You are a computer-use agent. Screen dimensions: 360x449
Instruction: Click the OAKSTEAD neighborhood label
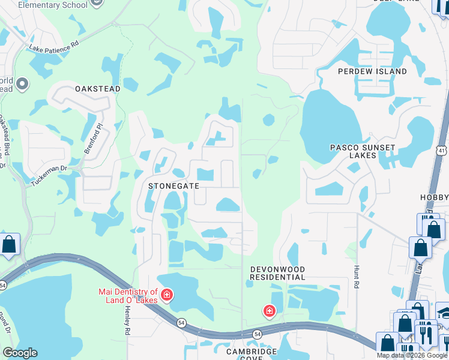tap(98, 89)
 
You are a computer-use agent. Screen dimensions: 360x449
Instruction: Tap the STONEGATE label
tap(174, 187)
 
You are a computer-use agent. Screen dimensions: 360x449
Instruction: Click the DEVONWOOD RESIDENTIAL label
tap(278, 274)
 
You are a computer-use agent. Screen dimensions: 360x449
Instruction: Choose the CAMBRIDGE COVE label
tap(252, 355)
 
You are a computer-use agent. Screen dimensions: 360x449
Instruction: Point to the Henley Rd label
tap(127, 319)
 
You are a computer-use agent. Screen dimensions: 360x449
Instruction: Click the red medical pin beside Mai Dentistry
tap(166, 295)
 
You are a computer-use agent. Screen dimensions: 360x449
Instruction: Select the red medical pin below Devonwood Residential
tap(270, 311)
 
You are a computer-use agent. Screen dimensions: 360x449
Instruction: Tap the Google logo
tap(20, 353)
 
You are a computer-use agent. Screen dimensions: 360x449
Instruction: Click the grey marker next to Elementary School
tap(82, 4)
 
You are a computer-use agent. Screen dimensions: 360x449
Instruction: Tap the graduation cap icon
tap(445, 312)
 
